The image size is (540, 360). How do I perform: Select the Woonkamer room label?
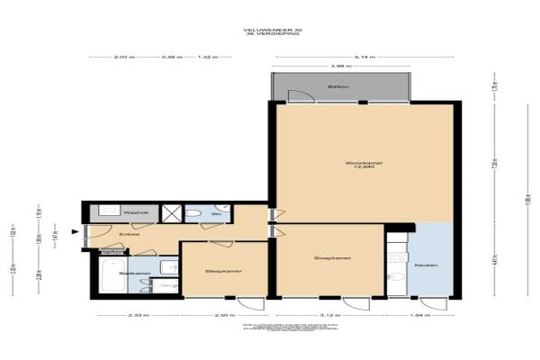pos(364,163)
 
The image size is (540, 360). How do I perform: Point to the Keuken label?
pos(426,265)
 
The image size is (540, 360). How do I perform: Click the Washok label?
pos(110,213)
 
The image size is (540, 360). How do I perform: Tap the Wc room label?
pos(216,214)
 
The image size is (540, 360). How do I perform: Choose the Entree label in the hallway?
pos(130,234)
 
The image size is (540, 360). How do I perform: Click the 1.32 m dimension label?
pos(208,57)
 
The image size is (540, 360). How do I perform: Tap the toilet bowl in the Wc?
pos(193,213)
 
